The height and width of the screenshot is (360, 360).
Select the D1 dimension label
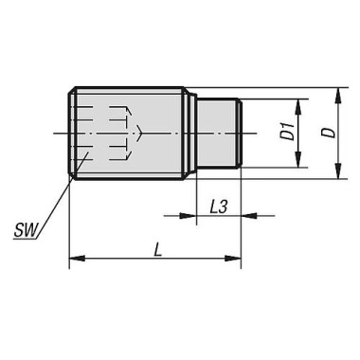pos(286,134)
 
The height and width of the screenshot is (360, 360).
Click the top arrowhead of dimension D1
pos(297,103)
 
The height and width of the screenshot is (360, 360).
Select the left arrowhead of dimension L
pos(77,258)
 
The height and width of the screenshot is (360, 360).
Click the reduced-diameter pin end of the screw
pos(218,134)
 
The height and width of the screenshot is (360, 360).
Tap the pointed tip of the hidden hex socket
pos(143,134)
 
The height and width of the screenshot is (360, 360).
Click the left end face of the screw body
pos(71,134)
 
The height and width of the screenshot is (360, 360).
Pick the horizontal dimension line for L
pos(155,258)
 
